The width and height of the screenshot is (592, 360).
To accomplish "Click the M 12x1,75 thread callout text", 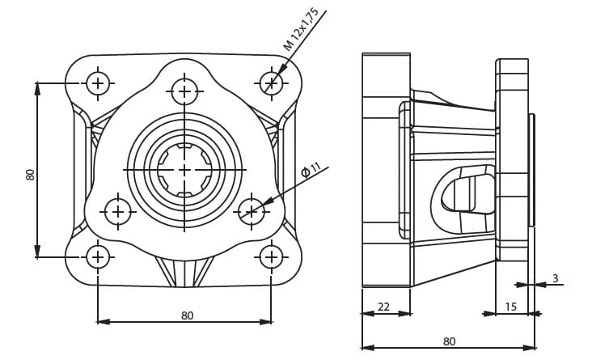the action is [x=301, y=29].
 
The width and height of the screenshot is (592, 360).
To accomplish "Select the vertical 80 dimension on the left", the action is [x=30, y=175].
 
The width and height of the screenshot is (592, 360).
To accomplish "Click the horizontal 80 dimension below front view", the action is [x=188, y=315].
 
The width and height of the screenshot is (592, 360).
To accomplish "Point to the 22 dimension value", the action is [x=383, y=307].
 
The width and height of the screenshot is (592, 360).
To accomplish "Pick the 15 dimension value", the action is [x=510, y=307].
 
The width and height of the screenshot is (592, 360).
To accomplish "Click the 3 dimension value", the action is [x=556, y=278].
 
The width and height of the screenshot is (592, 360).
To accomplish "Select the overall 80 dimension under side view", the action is [x=450, y=341].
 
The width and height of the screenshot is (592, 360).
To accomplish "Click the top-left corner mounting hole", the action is [x=98, y=83].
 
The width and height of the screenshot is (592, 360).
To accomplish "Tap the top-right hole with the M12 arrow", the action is [x=272, y=83].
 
